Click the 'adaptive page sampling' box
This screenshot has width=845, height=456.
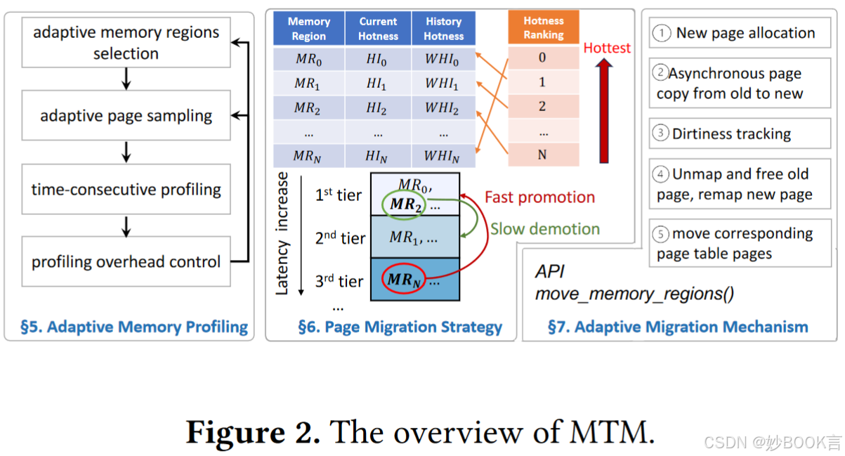pyautogui.click(x=126, y=115)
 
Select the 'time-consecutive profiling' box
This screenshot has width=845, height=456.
pyautogui.click(x=126, y=189)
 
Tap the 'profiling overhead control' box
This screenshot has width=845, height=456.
pyautogui.click(x=126, y=261)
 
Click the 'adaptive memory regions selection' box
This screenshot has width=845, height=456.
pyautogui.click(x=126, y=42)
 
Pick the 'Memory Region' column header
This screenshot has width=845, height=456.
pyautogui.click(x=308, y=29)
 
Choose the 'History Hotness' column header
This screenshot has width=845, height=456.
pyautogui.click(x=443, y=29)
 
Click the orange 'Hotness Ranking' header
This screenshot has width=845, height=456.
pyautogui.click(x=543, y=27)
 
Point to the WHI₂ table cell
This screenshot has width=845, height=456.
pyautogui.click(x=443, y=108)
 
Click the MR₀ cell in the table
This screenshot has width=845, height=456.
pyautogui.click(x=308, y=59)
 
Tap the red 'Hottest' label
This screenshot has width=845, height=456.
pyautogui.click(x=607, y=48)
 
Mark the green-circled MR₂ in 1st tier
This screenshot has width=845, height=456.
pyautogui.click(x=402, y=204)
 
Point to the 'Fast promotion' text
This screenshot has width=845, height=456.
pyautogui.click(x=539, y=197)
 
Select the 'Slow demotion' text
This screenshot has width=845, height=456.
pyautogui.click(x=544, y=229)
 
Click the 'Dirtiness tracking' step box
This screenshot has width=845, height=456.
pyautogui.click(x=740, y=133)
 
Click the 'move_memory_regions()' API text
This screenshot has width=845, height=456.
pyautogui.click(x=634, y=294)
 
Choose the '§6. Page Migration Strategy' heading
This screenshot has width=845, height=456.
pyautogui.click(x=400, y=327)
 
